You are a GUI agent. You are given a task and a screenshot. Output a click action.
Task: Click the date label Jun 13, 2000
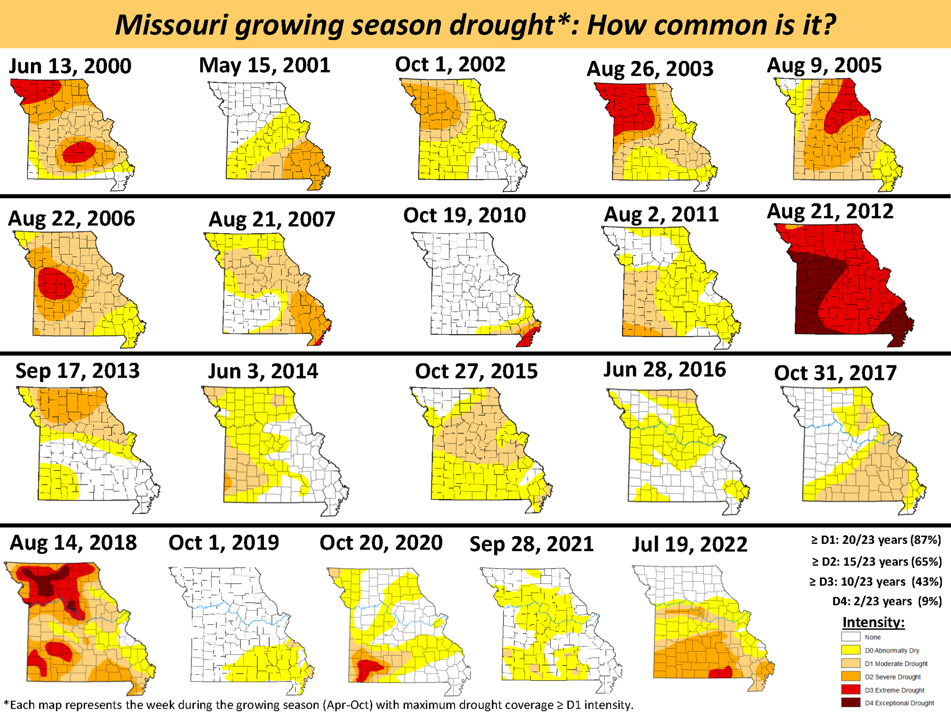pos(70,66)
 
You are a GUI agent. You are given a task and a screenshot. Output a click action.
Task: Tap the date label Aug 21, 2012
pos(830,212)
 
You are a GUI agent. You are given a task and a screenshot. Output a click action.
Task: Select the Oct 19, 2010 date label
pos(465,215)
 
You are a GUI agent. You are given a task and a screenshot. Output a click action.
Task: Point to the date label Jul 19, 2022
pos(689,544)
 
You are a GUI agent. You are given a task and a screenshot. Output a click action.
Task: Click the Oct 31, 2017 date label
pos(835,373)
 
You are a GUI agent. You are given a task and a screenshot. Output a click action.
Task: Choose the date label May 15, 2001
pos(264,65)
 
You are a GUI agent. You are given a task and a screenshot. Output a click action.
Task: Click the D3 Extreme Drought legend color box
pos(851,690)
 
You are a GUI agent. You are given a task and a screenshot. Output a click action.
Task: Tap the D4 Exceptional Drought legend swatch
pos(851,703)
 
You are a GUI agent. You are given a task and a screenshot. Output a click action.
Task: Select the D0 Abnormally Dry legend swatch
pos(851,650)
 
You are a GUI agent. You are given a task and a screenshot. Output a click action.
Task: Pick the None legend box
pos(851,637)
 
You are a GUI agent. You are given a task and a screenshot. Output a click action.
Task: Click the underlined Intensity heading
pos(873,622)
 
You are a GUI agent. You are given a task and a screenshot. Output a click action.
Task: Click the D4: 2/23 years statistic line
pos(887,601)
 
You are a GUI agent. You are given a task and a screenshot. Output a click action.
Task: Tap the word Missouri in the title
pos(171,25)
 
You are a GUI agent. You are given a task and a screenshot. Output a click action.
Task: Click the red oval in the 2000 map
pos(79,152)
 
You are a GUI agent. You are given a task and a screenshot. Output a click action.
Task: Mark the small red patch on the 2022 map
pos(720,673)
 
